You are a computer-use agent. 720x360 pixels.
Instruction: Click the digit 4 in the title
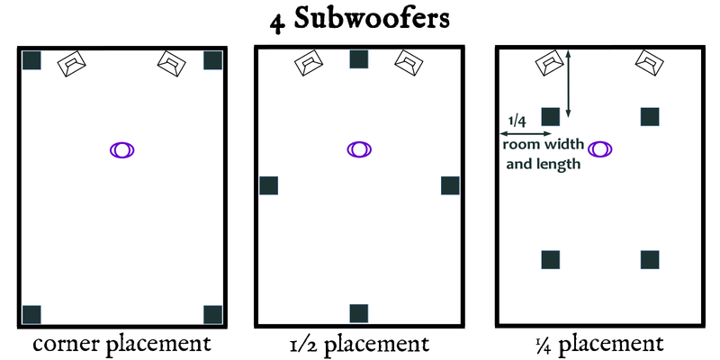tap(282, 22)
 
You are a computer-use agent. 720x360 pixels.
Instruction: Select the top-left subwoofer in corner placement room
tap(32, 60)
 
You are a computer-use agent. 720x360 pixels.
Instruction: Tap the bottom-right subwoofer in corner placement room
tap(213, 314)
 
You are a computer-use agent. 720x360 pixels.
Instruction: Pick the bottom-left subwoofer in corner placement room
tap(32, 314)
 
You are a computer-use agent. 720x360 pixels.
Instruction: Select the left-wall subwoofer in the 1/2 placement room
tap(269, 185)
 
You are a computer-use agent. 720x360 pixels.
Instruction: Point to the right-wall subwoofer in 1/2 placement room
tap(451, 185)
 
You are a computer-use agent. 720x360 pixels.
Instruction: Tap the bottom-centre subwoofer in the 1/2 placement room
tap(359, 313)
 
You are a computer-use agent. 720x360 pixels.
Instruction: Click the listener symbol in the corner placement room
tap(122, 149)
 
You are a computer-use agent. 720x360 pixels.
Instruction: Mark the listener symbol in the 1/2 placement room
tap(359, 149)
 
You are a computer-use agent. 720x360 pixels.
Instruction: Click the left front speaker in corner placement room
tap(72, 64)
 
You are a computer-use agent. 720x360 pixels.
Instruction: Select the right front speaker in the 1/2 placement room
tap(409, 62)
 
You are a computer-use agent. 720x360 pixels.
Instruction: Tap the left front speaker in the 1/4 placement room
tap(549, 63)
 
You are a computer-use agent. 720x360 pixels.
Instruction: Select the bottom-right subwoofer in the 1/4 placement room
tap(650, 259)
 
